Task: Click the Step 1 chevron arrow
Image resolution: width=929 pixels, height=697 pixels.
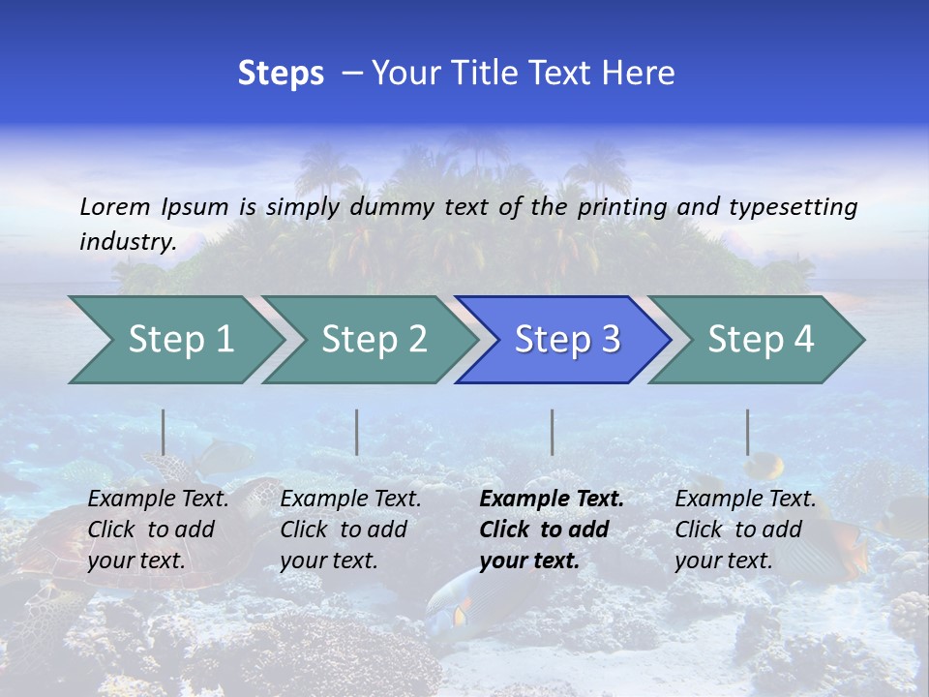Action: tap(174, 340)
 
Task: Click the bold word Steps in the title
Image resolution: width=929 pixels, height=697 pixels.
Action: tap(281, 74)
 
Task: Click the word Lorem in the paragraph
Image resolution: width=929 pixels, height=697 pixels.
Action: tap(114, 206)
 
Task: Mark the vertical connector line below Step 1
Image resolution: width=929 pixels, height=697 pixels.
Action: tap(163, 432)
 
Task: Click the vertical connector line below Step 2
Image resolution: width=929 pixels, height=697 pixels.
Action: tap(356, 432)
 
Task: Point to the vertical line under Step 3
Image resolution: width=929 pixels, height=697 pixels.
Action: tap(552, 432)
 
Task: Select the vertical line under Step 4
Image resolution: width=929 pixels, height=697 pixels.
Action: tap(747, 432)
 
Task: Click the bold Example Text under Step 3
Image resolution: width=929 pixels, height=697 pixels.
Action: tap(552, 500)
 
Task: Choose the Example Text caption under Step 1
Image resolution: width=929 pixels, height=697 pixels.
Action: tap(158, 500)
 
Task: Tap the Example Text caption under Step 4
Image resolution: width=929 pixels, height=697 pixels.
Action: tap(745, 500)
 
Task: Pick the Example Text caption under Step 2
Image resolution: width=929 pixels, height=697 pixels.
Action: tap(350, 500)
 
